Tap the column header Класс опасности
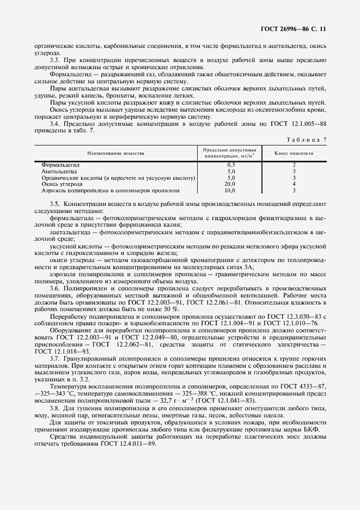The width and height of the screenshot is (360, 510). pyautogui.click(x=294, y=154)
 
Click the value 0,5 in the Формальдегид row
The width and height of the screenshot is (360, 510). pyautogui.click(x=231, y=164)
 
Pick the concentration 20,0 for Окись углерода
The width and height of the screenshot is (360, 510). pyautogui.click(x=231, y=184)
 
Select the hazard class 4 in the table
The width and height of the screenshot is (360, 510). pyautogui.click(x=294, y=184)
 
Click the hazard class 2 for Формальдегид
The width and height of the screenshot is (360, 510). pyautogui.click(x=294, y=164)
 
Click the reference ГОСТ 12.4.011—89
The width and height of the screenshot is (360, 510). pyautogui.click(x=126, y=442)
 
